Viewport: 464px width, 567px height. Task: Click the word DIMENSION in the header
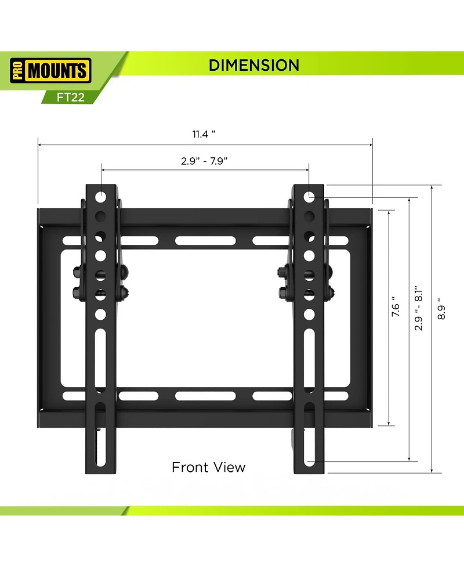coord(254,65)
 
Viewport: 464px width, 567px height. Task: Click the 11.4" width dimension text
coord(204,134)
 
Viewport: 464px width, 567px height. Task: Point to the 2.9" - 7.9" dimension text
coord(204,161)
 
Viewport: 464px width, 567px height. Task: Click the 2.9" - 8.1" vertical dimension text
coord(419,308)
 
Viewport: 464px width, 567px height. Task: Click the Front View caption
coord(208,467)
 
